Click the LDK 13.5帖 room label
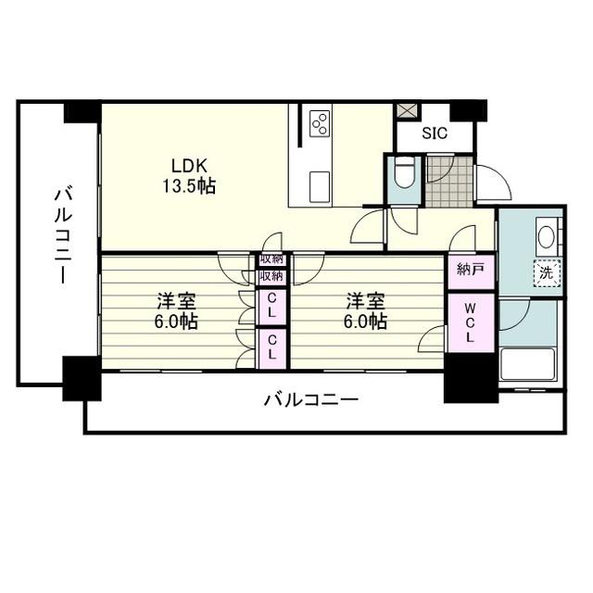(x=194, y=176)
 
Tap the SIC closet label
(x=435, y=133)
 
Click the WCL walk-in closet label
(x=471, y=322)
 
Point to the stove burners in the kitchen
(x=321, y=123)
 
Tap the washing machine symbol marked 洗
(x=547, y=272)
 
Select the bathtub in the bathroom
(x=527, y=364)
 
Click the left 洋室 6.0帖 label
(x=175, y=312)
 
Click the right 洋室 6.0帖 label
(x=366, y=312)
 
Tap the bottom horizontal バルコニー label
(x=311, y=401)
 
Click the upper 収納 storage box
(x=271, y=260)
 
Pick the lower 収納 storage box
(x=271, y=276)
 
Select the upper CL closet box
(x=271, y=306)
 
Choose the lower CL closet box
(x=271, y=348)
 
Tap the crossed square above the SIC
(x=406, y=110)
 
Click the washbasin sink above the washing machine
(x=547, y=236)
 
